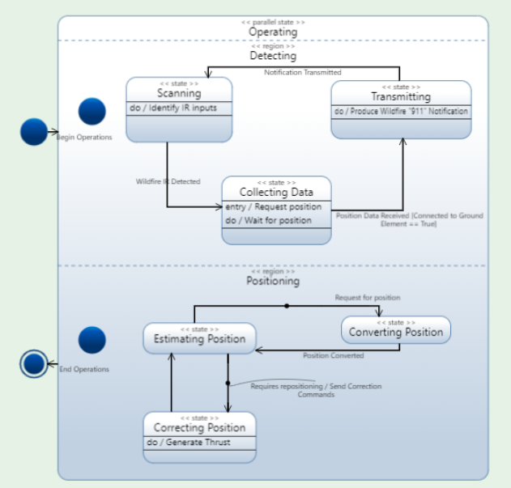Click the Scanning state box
(179, 109)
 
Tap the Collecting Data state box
(276, 210)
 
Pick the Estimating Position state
(199, 338)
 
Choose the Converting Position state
(395, 329)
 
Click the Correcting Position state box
(199, 437)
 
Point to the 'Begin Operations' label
(84, 138)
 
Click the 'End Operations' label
(84, 369)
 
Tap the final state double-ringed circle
(34, 364)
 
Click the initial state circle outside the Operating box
(34, 131)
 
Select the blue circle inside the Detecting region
(92, 112)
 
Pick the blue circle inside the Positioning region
(92, 340)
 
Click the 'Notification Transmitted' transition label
(303, 72)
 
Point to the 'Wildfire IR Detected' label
(168, 181)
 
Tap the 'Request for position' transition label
(367, 298)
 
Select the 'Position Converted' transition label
(333, 355)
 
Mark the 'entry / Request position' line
(274, 206)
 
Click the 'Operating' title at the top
(273, 32)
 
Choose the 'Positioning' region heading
(273, 281)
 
